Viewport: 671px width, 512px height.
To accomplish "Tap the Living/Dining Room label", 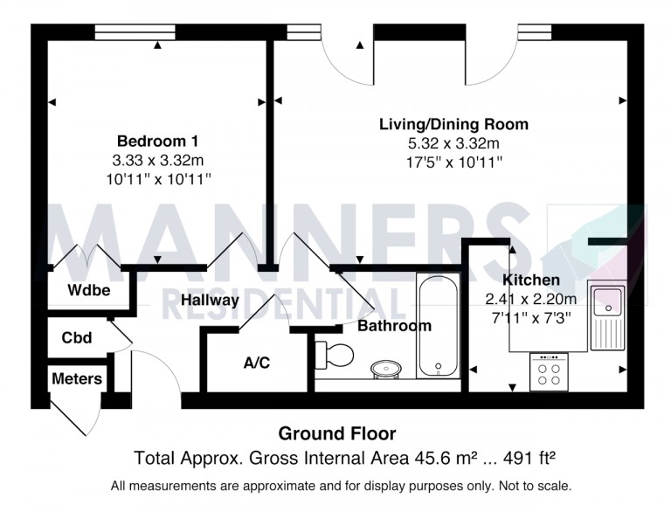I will (x=453, y=124).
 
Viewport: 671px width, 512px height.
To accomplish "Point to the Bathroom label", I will (x=394, y=326).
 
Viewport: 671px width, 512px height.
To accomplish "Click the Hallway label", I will (x=210, y=301).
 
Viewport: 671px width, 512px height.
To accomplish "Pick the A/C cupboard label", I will (x=256, y=362).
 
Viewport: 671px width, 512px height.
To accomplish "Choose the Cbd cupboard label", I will (x=78, y=336).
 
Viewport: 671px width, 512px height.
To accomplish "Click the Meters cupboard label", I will (x=77, y=379).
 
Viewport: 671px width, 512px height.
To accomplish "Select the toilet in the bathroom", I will (x=335, y=354).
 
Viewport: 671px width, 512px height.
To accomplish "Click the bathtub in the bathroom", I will (x=438, y=326).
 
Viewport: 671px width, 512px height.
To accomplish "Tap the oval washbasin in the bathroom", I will (x=386, y=370).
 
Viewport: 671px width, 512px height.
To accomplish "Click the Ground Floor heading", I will (x=336, y=433).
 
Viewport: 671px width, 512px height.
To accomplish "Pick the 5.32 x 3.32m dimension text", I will (x=453, y=143).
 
